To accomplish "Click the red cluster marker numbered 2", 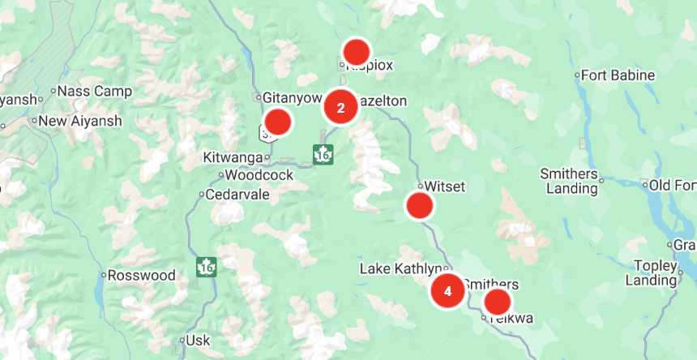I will [340, 107].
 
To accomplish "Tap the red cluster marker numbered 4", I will [447, 291].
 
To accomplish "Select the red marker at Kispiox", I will [356, 52].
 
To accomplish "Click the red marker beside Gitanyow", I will [277, 122].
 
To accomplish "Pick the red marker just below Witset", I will [419, 206].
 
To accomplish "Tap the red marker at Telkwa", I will [497, 302].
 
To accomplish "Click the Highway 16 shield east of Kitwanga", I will [323, 154].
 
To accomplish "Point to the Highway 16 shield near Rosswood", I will [206, 266].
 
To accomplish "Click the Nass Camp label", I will [96, 91].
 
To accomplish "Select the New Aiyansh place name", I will [79, 122].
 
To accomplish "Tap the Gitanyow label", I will [293, 97].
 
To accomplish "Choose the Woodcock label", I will [259, 174].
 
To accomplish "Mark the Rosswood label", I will [141, 276].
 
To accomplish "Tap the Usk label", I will [198, 341].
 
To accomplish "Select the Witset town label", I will [445, 187].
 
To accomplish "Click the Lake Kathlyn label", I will [401, 268].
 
